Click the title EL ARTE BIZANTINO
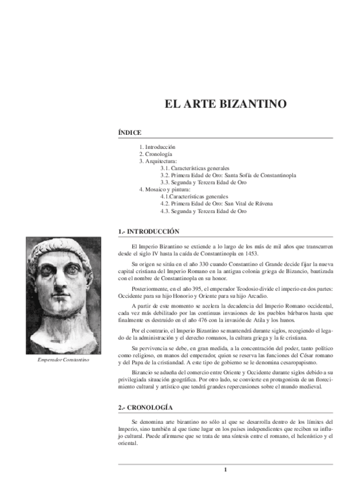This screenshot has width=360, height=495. (x=225, y=105)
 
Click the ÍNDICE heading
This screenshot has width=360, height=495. (x=129, y=133)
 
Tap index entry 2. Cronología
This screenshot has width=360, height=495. (x=155, y=154)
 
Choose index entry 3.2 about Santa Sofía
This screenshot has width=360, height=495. (x=228, y=175)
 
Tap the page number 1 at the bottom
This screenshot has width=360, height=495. (x=225, y=470)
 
